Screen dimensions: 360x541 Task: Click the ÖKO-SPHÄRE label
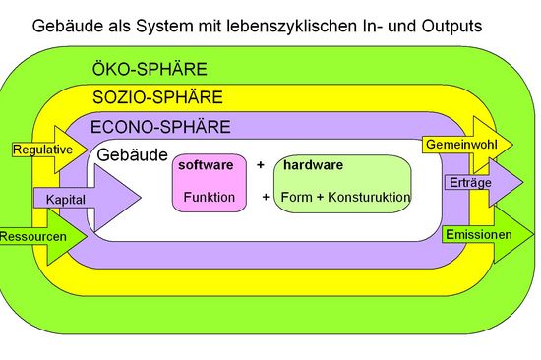pos(150,70)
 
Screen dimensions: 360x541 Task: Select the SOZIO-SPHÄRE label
pos(157,97)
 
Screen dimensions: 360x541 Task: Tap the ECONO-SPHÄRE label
pos(159,126)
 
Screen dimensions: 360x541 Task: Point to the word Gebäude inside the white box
pos(132,155)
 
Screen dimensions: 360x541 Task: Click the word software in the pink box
pos(206,165)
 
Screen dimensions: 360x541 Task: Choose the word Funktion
pos(209,197)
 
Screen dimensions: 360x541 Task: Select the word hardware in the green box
pos(313,165)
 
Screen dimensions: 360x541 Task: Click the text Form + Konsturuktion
pos(345,197)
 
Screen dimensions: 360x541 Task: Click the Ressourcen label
pos(32,237)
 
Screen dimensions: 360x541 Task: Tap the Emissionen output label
pos(478,235)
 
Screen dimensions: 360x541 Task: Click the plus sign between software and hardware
pos(261,165)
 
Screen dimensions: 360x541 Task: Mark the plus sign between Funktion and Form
pos(266,197)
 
